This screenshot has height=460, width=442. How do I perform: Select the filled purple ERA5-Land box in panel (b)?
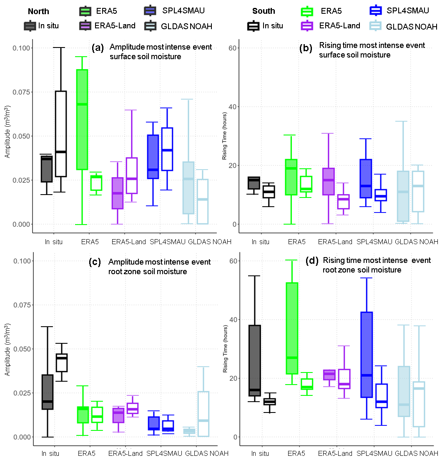coord(328,181)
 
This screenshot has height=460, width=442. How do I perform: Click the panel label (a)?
coord(98,47)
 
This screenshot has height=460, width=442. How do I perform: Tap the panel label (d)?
coord(313,261)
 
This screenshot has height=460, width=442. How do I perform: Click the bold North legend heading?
coord(38,11)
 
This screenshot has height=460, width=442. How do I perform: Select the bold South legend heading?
coord(263,11)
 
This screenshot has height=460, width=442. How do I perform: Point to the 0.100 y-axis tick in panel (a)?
coord(22,48)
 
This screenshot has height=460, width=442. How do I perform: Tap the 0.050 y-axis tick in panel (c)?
coord(22,349)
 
